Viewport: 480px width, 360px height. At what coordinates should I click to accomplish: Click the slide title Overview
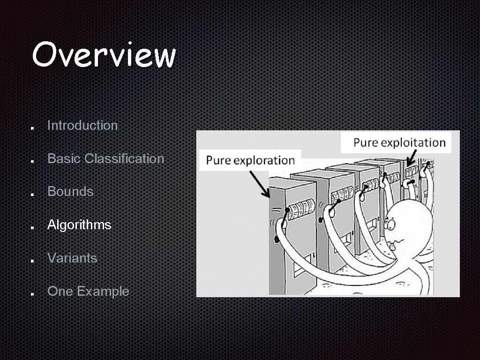pyautogui.click(x=104, y=55)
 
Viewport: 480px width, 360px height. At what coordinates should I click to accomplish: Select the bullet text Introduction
pyautogui.click(x=82, y=126)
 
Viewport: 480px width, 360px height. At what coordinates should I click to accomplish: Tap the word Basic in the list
pyautogui.click(x=64, y=159)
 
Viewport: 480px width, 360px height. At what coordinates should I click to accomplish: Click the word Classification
pyautogui.click(x=124, y=159)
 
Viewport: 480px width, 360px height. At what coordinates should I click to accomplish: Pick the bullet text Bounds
pyautogui.click(x=70, y=192)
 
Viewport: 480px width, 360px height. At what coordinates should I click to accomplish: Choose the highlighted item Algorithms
pyautogui.click(x=79, y=225)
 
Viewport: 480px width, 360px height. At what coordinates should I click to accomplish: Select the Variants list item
pyautogui.click(x=72, y=258)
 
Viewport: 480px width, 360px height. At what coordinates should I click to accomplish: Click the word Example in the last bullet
pyautogui.click(x=103, y=292)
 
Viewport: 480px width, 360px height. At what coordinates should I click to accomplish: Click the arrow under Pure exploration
pyautogui.click(x=259, y=184)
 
